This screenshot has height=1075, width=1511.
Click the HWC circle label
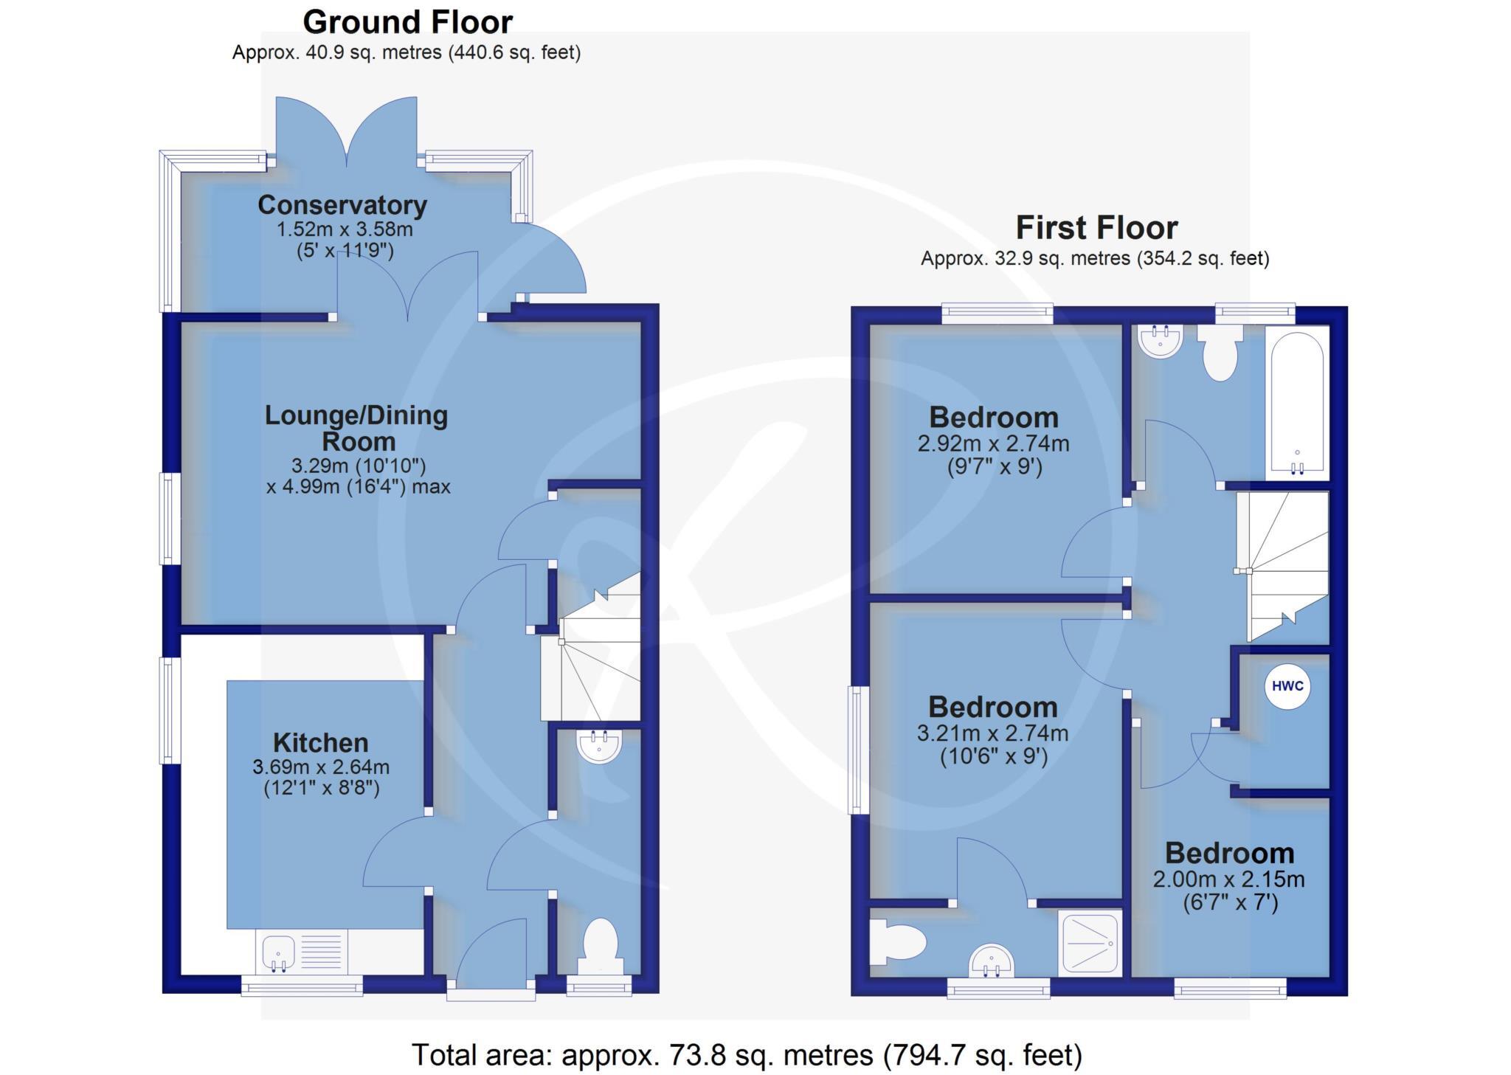[1287, 686]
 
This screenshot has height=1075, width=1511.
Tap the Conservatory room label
[342, 205]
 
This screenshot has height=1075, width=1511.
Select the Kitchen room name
[320, 742]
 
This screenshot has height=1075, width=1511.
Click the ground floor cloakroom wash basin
[599, 746]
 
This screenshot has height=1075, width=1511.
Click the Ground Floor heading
[407, 22]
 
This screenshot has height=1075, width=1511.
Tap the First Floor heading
[1096, 227]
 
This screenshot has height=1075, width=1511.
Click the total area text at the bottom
[746, 1055]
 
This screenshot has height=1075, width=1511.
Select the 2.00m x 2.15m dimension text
[1228, 879]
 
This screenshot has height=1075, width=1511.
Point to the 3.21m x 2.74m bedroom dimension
[992, 733]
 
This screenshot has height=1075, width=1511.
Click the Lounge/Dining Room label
[357, 428]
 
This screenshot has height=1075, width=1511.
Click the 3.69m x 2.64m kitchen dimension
[321, 767]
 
